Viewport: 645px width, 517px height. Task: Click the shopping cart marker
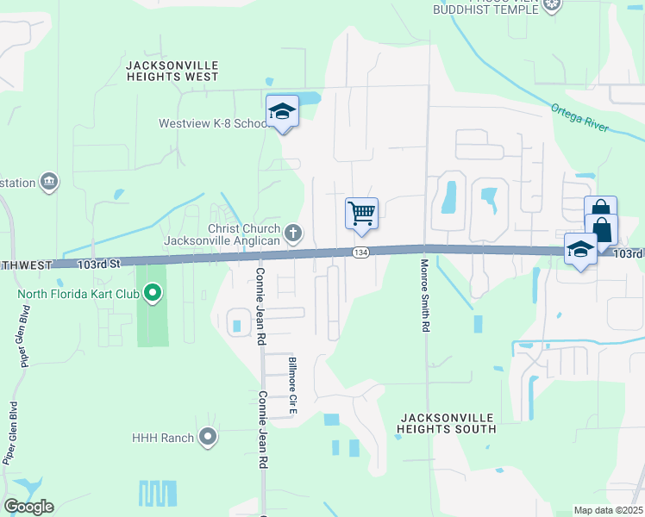coord(361,213)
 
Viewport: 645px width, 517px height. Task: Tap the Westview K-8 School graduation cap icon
coord(282,111)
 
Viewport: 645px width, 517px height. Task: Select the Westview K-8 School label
coord(213,123)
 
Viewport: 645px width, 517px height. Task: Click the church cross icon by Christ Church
coord(293,233)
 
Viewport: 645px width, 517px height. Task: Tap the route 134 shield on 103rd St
coord(360,252)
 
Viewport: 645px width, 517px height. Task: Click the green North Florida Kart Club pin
coord(153,294)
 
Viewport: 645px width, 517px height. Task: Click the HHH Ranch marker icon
coord(208,438)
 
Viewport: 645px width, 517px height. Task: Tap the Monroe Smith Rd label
coord(424,296)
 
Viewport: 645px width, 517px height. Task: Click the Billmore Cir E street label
coord(292,382)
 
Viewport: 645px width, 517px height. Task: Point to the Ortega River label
coord(580,118)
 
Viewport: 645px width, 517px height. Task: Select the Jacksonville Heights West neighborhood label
coord(172,71)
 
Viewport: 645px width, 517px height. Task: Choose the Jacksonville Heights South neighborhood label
coord(448,422)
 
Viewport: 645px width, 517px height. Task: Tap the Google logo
coord(28,507)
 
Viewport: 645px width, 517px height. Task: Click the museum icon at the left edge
coord(49,182)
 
